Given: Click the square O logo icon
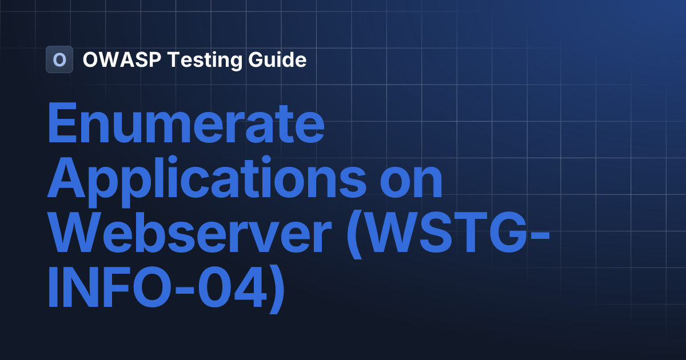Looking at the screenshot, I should (59, 59).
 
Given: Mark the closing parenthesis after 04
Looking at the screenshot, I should (275, 289).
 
